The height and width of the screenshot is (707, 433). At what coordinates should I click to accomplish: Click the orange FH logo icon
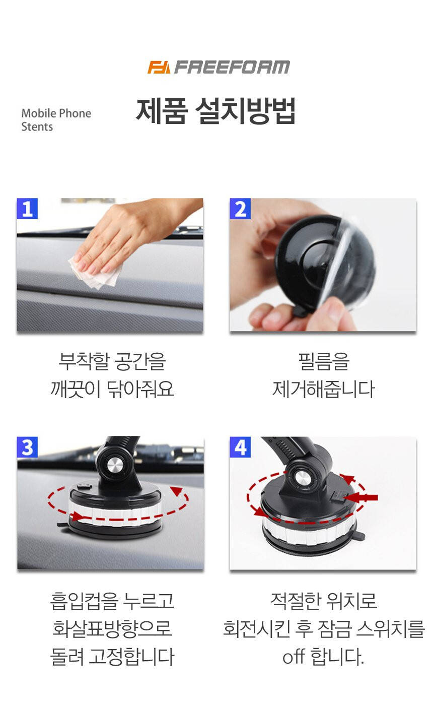point(159,67)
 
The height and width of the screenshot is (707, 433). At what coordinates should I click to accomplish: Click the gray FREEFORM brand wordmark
point(232,67)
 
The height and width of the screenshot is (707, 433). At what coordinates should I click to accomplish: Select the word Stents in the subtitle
point(37,127)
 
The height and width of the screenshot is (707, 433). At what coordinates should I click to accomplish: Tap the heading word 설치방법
point(245,111)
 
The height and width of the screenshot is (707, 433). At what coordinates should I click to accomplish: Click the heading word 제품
point(162,111)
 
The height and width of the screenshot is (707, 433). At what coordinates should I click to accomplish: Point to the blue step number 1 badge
point(27,209)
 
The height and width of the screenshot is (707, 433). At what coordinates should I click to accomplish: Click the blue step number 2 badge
point(240,209)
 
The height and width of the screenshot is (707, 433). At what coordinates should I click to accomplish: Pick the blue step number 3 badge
point(27,447)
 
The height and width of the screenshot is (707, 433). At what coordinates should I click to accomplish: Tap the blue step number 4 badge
point(240,447)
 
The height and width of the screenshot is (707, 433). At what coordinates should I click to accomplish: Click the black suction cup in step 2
point(325,264)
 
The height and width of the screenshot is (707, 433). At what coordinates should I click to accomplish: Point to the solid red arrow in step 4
point(360,498)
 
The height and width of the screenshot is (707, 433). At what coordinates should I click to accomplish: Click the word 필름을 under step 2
point(324,361)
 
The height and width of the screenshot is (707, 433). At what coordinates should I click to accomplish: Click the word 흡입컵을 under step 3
point(84,601)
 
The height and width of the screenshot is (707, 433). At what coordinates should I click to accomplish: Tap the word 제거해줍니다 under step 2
point(324,389)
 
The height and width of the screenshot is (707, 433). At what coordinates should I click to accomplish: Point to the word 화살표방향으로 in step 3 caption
point(112,628)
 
